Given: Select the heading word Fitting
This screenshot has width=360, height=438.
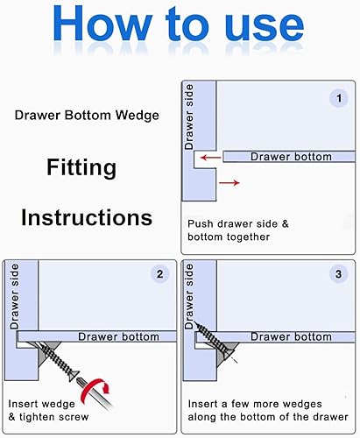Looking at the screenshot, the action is coord(81,167).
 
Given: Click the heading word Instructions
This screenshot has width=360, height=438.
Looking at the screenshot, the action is coord(87,217).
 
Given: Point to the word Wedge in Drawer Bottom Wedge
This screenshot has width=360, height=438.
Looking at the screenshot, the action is coord(137,116).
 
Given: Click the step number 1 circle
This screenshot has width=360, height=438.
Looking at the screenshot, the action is coord(339,98).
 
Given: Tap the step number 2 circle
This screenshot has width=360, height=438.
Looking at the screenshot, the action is coord(159,274).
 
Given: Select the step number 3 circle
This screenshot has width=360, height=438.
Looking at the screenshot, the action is coord(338,274).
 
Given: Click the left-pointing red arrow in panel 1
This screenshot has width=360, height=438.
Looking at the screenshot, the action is coord(211,158).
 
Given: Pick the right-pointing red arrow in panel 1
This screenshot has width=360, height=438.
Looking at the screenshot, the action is coord(229,183).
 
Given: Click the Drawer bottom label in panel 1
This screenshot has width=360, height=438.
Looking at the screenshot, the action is coord(291,157).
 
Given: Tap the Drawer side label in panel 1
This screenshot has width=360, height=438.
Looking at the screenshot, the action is coord(189,117).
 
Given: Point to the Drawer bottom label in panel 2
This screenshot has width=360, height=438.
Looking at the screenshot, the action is coord(118,336).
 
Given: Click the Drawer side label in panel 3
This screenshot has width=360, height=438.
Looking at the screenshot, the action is coord(189,296).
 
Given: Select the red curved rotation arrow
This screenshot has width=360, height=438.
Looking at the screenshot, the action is coord(96,390).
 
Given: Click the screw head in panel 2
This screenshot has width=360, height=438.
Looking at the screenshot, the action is coord(74,375).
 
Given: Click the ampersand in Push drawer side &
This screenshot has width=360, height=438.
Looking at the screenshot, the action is coord(285,224).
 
